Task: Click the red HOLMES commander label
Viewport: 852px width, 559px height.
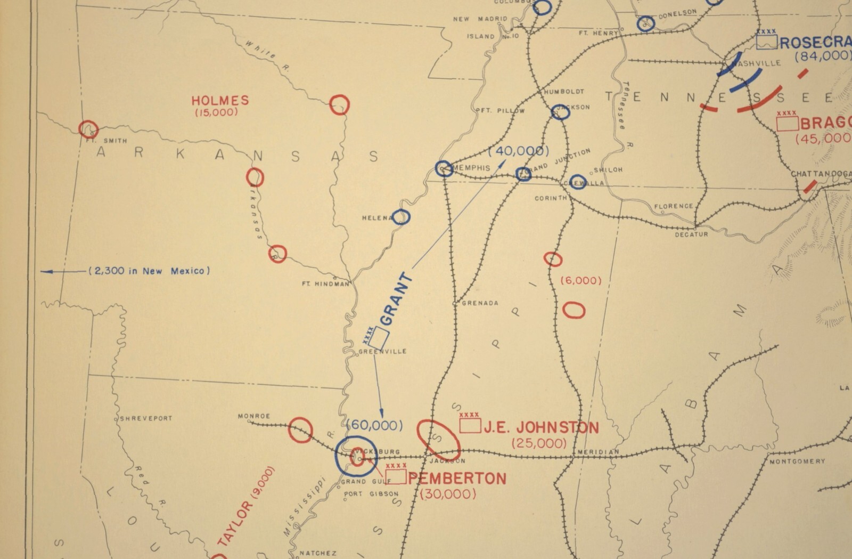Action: coord(220,100)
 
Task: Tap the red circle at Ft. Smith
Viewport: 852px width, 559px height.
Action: coord(88,129)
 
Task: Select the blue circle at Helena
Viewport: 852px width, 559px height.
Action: coord(401,217)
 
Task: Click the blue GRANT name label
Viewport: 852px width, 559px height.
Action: coord(396,299)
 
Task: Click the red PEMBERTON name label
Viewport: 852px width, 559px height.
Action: coord(457,479)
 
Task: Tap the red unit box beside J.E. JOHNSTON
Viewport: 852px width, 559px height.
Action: coord(470,425)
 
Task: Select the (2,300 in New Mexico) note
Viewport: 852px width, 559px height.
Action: coord(149,271)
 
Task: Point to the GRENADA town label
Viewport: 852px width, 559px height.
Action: coord(480,303)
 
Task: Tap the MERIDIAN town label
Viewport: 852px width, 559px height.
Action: coord(598,452)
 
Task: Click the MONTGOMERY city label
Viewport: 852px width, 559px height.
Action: coord(797,461)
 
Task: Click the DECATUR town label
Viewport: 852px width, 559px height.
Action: coord(691,234)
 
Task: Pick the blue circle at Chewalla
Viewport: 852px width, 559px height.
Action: coord(578,182)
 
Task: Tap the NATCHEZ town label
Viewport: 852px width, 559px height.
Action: coord(318,553)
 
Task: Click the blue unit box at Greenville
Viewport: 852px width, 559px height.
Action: coord(379,337)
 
